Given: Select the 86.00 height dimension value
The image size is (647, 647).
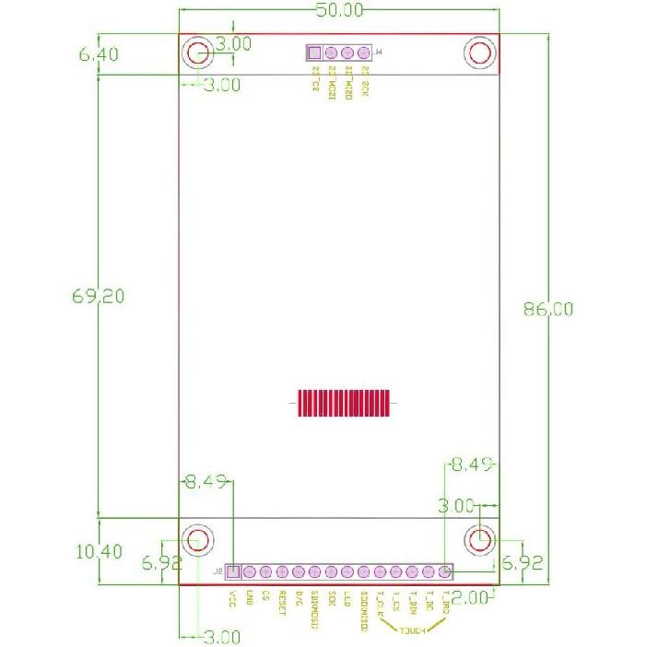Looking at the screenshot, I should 547,310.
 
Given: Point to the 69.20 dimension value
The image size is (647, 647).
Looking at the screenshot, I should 98,296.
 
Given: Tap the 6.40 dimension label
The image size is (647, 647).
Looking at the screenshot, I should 98,54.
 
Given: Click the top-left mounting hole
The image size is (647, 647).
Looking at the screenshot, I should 197,53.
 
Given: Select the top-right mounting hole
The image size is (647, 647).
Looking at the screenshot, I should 480,53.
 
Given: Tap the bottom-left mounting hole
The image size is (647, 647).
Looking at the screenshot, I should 197,539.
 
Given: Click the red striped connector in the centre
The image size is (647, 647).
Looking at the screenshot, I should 344,403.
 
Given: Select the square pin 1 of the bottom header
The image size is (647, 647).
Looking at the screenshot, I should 232,572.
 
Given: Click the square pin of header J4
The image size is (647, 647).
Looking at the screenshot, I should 314,53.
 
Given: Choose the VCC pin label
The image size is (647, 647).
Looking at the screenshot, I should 232,596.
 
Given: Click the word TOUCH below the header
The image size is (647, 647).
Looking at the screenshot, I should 413,630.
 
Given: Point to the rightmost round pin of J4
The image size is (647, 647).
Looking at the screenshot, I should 363,53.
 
